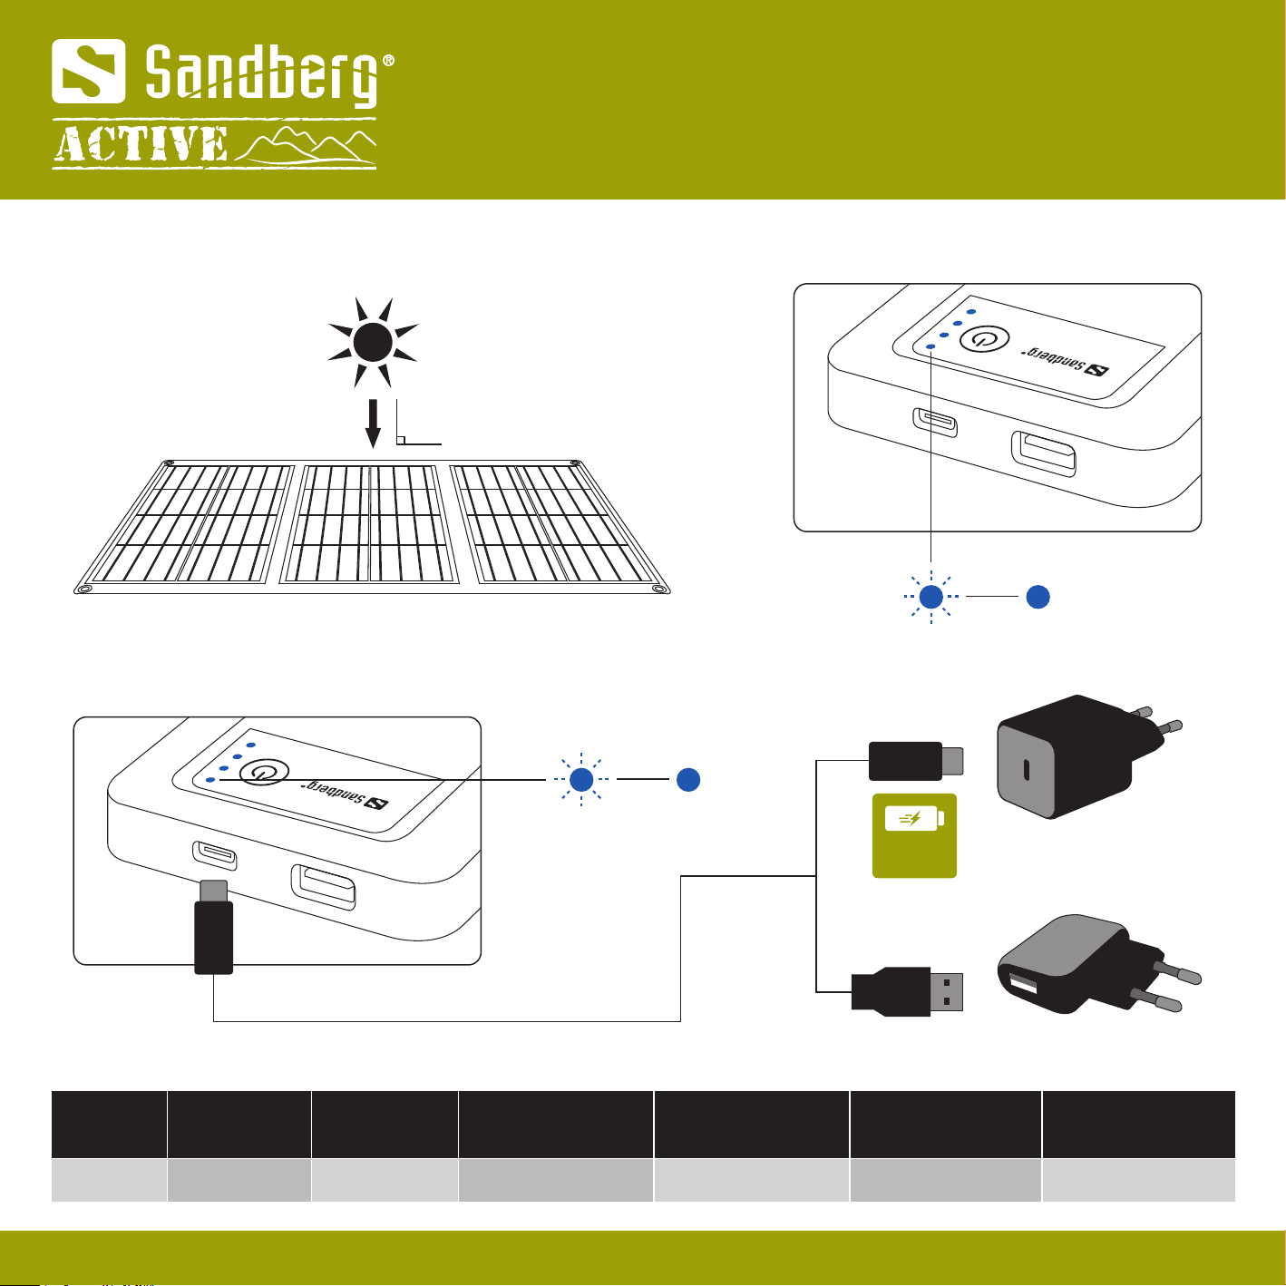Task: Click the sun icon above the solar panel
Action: point(373,342)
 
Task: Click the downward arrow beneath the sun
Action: point(373,424)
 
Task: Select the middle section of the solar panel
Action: point(369,523)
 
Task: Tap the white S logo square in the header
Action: point(88,71)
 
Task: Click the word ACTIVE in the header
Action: point(141,145)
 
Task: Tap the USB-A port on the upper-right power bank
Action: point(1044,453)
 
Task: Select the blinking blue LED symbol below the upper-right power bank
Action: point(930,597)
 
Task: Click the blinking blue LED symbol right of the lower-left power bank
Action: point(581,779)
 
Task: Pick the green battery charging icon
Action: point(914,835)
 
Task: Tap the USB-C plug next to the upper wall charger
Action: point(915,761)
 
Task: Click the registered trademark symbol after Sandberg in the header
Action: point(388,62)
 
